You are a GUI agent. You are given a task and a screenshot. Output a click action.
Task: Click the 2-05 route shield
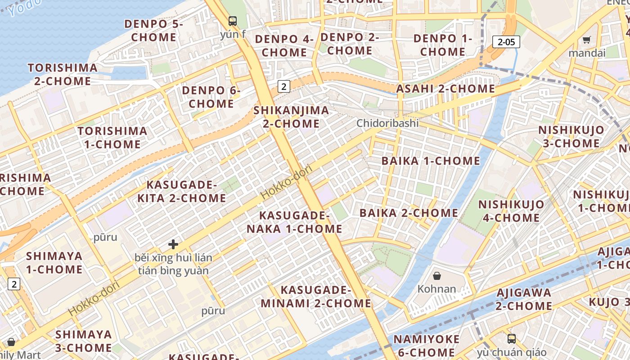click(x=506, y=42)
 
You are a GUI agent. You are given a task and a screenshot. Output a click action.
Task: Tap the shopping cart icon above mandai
click(x=586, y=40)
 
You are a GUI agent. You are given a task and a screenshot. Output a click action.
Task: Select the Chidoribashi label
click(x=387, y=123)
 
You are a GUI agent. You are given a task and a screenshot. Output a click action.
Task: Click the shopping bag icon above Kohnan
click(x=436, y=275)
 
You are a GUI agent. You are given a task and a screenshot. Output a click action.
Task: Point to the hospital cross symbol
click(x=173, y=244)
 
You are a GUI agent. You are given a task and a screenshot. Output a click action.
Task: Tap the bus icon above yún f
click(x=232, y=21)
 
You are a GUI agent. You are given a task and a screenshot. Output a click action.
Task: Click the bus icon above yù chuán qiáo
click(x=512, y=339)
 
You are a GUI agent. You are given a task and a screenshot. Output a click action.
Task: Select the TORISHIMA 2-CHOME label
click(x=63, y=75)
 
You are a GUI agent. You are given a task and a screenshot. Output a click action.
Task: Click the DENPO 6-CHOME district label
click(x=211, y=97)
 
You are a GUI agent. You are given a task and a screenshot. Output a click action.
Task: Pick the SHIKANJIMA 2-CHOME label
click(x=291, y=117)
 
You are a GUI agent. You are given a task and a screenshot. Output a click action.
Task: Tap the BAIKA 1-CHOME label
click(x=431, y=161)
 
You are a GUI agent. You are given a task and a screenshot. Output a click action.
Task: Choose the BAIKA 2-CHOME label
click(x=409, y=213)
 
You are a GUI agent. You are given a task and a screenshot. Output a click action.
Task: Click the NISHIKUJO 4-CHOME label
click(x=511, y=211)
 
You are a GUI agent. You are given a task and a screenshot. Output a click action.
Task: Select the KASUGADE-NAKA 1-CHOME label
click(x=294, y=222)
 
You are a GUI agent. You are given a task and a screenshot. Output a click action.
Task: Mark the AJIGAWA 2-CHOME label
click(x=524, y=299)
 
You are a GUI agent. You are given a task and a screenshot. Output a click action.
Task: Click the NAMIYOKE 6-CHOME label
click(x=427, y=346)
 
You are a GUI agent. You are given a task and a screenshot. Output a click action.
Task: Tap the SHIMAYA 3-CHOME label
click(x=83, y=341)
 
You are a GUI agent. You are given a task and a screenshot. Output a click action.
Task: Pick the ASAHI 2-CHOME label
click(x=445, y=89)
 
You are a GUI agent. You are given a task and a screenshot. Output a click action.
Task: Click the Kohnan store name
click(x=436, y=288)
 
